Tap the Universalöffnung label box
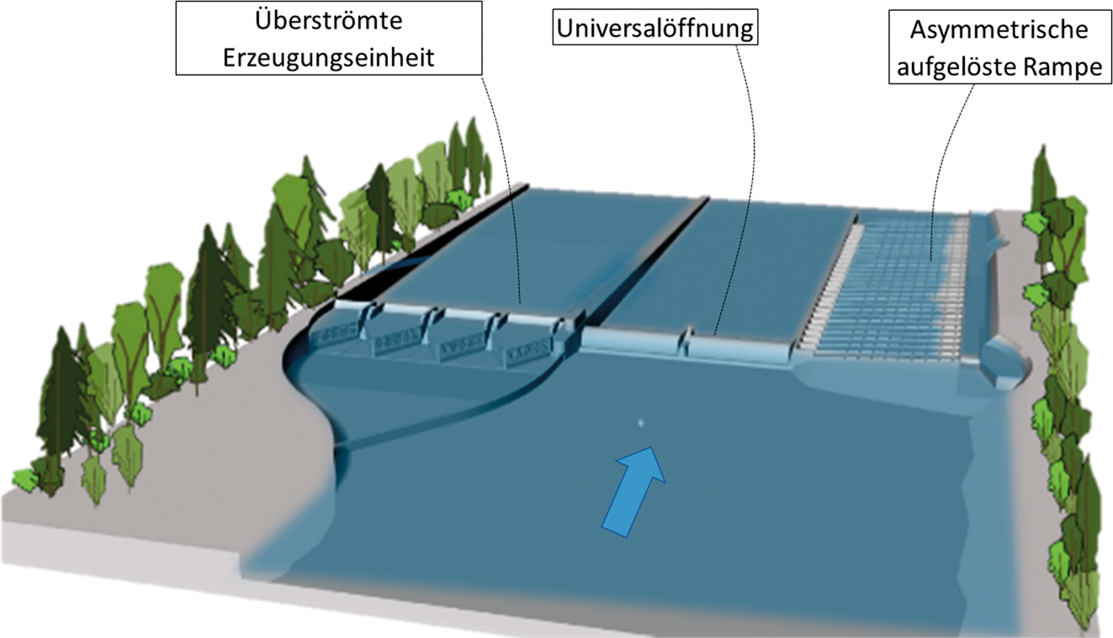pyautogui.click(x=655, y=29)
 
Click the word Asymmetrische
pyautogui.click(x=998, y=29)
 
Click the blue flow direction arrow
pyautogui.click(x=633, y=489)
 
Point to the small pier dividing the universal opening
pyautogui.click(x=688, y=340)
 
